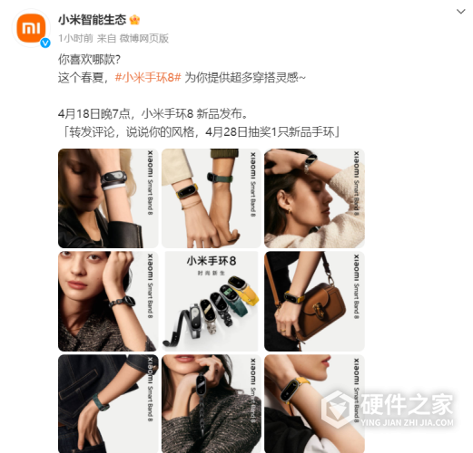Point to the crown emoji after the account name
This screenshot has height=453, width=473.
135,18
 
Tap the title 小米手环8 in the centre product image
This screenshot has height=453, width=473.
211,261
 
